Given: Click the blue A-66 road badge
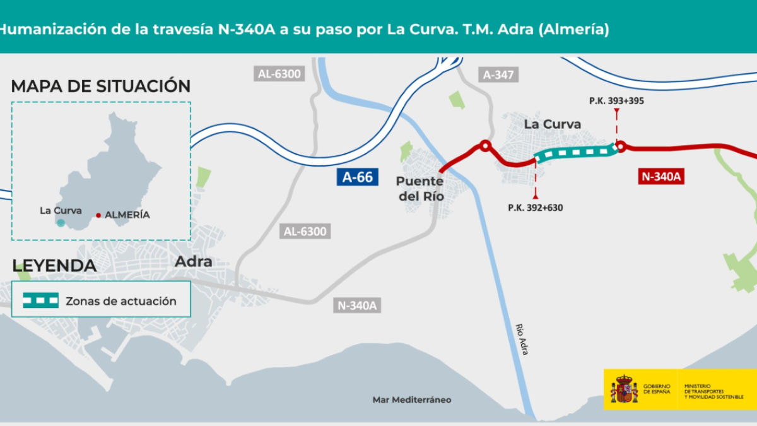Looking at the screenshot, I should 357,177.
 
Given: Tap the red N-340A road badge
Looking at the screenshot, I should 661,177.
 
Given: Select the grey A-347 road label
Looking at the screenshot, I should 499,74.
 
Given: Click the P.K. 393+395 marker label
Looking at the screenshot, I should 616,100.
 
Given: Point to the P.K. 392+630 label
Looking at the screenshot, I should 536,207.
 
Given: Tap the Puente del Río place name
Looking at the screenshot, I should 420,189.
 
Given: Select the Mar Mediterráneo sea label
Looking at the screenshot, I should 412,399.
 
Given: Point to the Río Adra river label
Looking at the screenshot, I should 521,340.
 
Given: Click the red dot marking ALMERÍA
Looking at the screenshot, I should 98,215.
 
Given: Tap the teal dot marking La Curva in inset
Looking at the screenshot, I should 61,223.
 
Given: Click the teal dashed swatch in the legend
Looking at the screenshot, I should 41,300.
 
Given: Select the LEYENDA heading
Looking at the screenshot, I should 54,266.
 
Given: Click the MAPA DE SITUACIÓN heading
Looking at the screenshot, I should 101,86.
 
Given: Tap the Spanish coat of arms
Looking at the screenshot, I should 624,389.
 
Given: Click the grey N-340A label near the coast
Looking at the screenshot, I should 357,306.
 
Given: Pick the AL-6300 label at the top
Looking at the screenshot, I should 280,74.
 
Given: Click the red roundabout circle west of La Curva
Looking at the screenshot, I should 484,146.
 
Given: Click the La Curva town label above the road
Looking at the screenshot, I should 553,124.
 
